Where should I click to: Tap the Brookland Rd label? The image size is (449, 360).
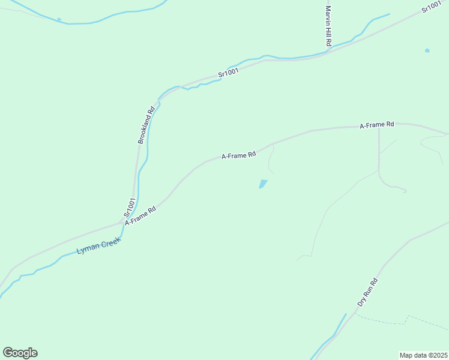point(146,124)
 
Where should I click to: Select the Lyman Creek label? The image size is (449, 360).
point(99,245)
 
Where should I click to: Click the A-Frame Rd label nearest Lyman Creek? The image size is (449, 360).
point(140,215)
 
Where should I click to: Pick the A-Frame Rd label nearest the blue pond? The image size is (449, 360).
point(239,155)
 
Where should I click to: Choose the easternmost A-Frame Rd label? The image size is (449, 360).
point(376,125)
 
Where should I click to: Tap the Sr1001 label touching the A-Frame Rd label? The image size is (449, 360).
point(128,207)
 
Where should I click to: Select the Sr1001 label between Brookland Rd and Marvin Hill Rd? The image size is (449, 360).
point(229,73)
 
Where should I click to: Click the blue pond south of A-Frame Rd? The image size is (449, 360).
point(262,184)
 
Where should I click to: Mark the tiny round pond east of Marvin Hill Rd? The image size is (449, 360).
point(427,50)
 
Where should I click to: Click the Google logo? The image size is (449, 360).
point(20,353)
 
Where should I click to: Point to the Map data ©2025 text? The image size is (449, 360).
point(424,355)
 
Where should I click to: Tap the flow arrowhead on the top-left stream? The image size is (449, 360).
point(59,19)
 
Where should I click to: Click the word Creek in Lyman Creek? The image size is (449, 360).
point(110,242)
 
